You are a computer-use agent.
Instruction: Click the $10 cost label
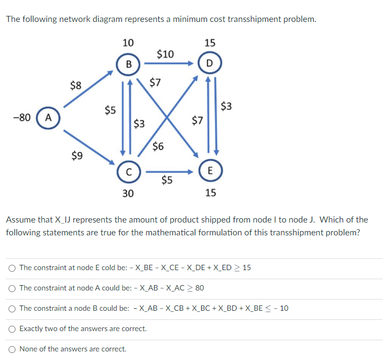click(165, 53)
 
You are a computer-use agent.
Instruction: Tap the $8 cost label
click(76, 85)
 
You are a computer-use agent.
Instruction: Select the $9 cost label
click(77, 156)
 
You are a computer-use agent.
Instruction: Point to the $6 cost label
click(158, 146)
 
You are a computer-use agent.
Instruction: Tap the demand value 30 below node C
click(127, 193)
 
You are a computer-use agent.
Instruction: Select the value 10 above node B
click(128, 43)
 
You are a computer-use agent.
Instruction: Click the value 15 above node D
click(210, 43)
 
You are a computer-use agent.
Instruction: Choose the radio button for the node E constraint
click(12, 267)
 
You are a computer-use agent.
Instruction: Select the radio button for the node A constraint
click(12, 288)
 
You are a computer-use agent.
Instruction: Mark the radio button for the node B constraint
click(12, 308)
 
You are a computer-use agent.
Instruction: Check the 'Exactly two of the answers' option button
click(12, 328)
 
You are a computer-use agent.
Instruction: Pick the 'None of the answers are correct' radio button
click(12, 349)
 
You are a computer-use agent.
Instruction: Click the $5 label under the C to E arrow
click(167, 180)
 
